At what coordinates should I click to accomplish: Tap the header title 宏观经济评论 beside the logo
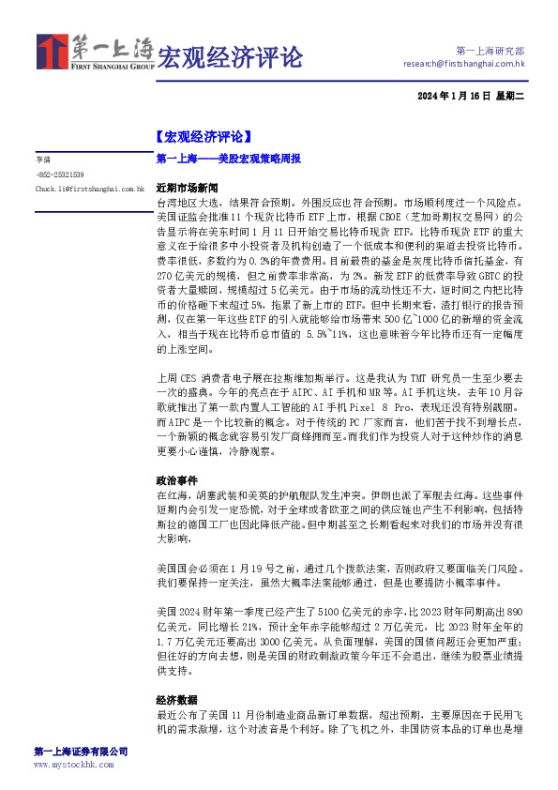pos(230,57)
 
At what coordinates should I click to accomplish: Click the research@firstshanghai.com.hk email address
pos(463,64)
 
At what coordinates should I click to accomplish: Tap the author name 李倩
pos(42,160)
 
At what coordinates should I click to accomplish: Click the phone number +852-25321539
pos(59,175)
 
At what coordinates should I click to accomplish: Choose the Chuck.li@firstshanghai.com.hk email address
pos(89,189)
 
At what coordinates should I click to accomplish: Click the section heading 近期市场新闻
pos(187,187)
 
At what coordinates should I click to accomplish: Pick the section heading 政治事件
pos(175,479)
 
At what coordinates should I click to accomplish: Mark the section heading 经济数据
pos(175,700)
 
